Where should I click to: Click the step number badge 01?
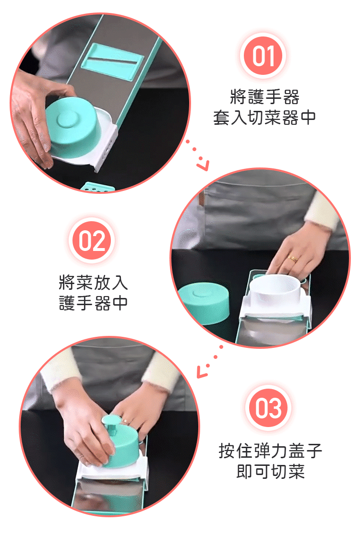tap(263, 55)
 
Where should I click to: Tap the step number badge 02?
tap(92, 240)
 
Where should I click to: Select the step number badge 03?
tap(268, 408)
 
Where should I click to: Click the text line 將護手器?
tap(264, 96)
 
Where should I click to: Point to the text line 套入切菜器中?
tap(264, 118)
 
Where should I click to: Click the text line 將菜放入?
tap(93, 282)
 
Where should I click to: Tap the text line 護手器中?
tap(93, 303)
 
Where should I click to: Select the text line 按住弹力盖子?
tap(270, 451)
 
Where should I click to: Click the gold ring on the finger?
tap(293, 258)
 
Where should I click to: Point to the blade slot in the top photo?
tap(114, 62)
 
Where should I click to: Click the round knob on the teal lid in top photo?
tap(67, 119)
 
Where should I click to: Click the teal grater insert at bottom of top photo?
tap(98, 187)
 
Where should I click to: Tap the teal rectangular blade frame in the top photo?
tap(113, 61)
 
